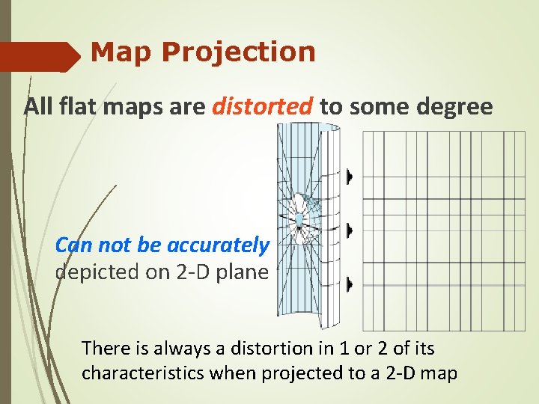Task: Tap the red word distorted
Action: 262,107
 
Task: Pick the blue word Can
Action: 73,245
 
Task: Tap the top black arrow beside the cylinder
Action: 349,177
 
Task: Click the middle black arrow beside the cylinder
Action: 349,229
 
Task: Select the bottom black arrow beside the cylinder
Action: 349,284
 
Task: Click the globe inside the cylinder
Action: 299,219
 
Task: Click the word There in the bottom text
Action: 106,348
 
